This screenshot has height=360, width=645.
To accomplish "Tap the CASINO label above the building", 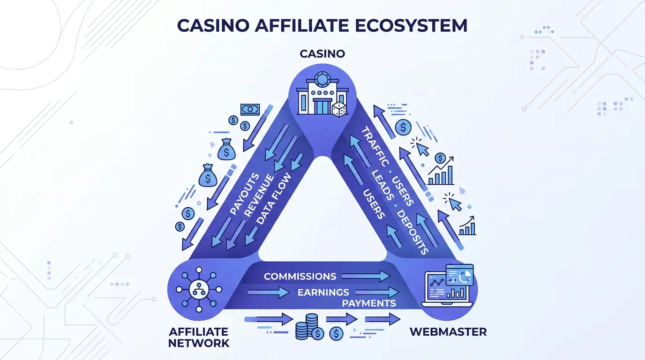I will click(x=322, y=54).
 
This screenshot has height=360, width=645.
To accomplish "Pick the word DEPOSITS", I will click(x=412, y=232).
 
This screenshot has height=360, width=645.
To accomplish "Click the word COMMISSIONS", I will click(x=300, y=276).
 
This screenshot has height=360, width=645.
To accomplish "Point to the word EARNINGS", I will click(x=323, y=292).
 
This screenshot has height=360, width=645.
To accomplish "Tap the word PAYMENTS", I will click(x=369, y=303).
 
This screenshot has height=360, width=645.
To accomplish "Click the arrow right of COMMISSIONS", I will click(x=366, y=276).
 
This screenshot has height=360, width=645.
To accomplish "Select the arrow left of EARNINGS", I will click(x=268, y=292).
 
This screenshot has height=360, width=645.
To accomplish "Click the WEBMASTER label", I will click(x=448, y=332).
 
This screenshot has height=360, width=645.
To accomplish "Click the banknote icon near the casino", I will click(x=250, y=109).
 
